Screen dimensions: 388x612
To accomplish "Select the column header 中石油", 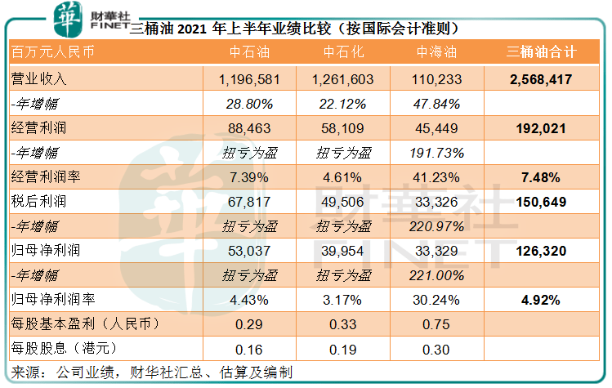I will point(248,52).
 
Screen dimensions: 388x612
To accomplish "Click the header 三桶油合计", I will point(543,52).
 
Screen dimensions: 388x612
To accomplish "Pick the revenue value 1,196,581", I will point(249,79).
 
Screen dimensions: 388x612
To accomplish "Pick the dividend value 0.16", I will point(248,350).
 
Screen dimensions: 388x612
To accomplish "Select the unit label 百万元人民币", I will point(51,52).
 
